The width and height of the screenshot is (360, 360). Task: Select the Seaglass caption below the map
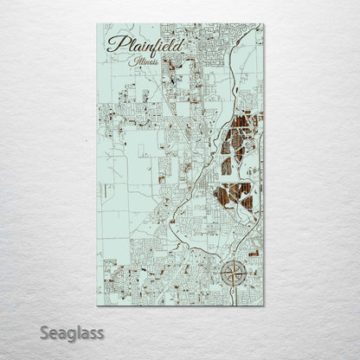click(72, 332)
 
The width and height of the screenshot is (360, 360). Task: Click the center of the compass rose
click(233, 274)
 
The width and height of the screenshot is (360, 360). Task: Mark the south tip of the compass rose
click(233, 289)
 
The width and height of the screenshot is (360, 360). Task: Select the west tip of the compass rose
click(218, 274)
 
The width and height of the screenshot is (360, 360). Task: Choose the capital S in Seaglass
click(44, 331)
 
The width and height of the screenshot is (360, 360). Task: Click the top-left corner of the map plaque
click(98, 23)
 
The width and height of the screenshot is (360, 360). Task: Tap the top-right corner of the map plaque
click(263, 23)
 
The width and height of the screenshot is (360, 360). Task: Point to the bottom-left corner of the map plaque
click(98, 305)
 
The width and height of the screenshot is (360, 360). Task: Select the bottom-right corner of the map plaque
click(263, 305)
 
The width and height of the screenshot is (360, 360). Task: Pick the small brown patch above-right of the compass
click(253, 254)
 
